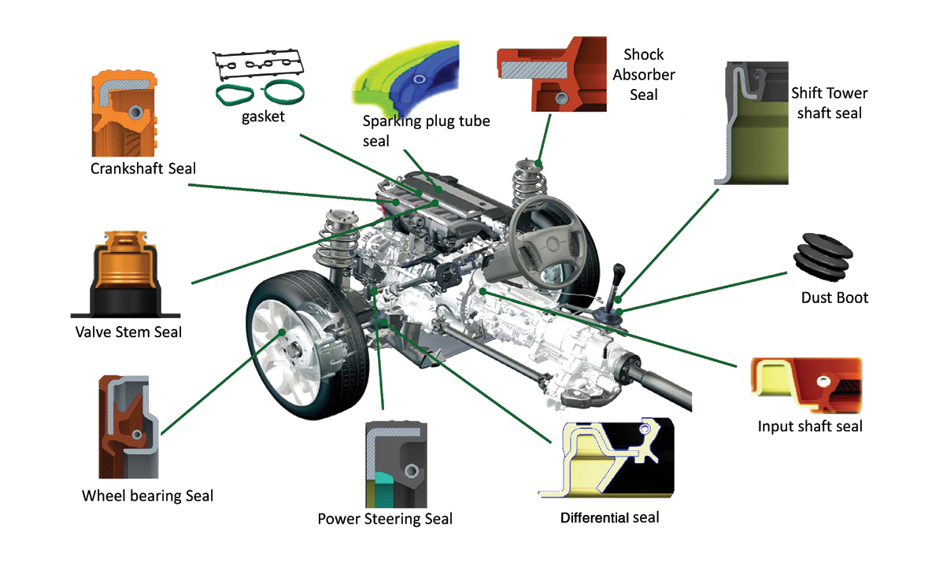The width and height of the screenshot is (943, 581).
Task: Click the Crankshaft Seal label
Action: point(142,168)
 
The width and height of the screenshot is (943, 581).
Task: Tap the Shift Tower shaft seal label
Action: point(829,103)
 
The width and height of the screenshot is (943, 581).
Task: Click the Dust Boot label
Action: point(834,298)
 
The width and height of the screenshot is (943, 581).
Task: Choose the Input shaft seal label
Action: point(810,427)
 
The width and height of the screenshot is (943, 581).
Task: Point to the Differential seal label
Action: point(609,517)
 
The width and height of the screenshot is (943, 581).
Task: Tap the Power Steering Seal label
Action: point(385,519)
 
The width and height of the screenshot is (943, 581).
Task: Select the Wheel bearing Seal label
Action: point(147,496)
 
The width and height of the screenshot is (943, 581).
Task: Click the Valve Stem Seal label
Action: point(128,332)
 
